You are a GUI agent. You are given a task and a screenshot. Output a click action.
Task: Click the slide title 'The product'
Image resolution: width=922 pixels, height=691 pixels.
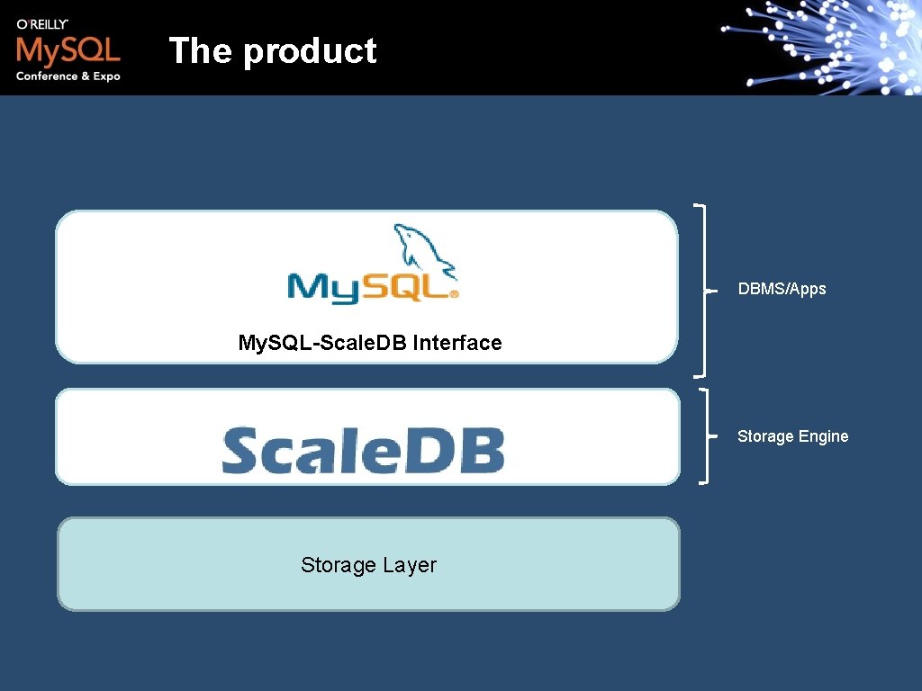coord(272,51)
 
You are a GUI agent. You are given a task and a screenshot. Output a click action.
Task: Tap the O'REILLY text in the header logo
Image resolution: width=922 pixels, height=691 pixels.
coord(42,24)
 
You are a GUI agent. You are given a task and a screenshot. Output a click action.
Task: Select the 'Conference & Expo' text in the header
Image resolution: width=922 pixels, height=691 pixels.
coord(68,76)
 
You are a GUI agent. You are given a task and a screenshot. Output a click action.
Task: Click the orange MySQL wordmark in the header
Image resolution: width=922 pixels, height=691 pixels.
coord(68,50)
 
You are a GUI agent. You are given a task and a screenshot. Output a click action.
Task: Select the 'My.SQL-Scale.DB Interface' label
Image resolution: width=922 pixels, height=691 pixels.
coord(369,343)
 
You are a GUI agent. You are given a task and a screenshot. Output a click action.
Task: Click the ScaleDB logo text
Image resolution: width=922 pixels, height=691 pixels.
coord(363,450)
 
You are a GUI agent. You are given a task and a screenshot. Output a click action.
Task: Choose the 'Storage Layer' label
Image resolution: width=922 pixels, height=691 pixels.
coord(368,565)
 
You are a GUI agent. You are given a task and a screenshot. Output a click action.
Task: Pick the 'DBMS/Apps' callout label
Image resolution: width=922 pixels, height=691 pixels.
coord(782,289)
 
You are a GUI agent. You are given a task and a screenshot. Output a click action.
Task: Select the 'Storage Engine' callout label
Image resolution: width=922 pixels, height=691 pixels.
coord(792,436)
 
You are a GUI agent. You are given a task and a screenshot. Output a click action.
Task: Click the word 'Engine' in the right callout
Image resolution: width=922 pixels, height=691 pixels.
coord(821,436)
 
